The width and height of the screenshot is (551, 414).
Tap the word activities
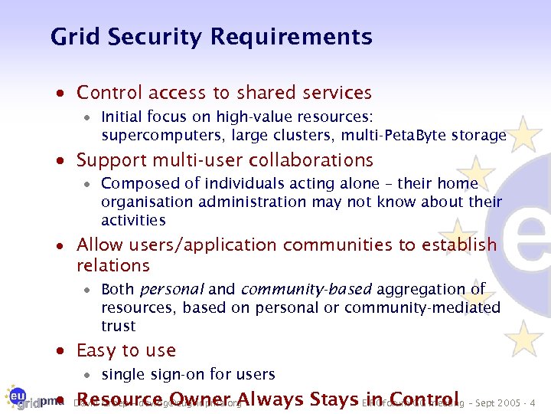[133, 220]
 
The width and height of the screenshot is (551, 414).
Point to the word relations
[113, 266]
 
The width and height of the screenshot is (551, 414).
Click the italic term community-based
[306, 289]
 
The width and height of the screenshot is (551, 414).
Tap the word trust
[119, 326]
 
